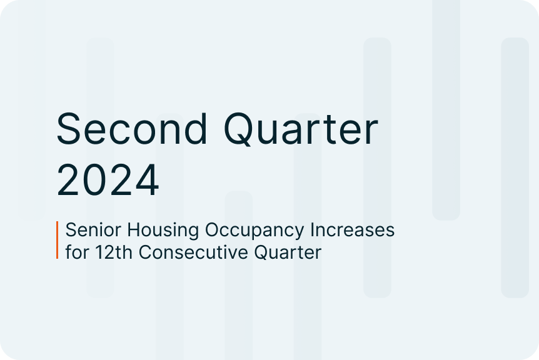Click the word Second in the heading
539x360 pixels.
pyautogui.click(x=132, y=129)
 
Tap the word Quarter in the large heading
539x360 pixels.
pyautogui.click(x=301, y=129)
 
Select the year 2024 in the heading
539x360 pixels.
pyautogui.click(x=108, y=179)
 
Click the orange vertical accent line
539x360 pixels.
pyautogui.click(x=58, y=240)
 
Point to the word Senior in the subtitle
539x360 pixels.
pyautogui.click(x=94, y=229)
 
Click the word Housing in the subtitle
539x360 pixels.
pyautogui.click(x=163, y=230)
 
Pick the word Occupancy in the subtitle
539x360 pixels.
pyautogui.click(x=254, y=231)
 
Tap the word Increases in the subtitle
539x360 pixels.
pyautogui.click(x=352, y=229)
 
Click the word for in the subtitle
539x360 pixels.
pyautogui.click(x=77, y=252)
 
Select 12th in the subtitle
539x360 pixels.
pyautogui.click(x=113, y=252)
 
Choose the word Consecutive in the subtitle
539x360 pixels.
pyautogui.click(x=193, y=252)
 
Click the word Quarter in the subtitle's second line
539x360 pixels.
pyautogui.click(x=288, y=252)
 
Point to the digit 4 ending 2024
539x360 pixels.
pyautogui.click(x=146, y=179)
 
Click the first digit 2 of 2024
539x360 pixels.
pyautogui.click(x=68, y=179)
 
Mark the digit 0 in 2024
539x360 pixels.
pyautogui.click(x=94, y=179)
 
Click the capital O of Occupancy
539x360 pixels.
pyautogui.click(x=213, y=229)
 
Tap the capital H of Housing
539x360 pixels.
pyautogui.click(x=134, y=229)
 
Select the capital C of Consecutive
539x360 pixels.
pyautogui.click(x=146, y=252)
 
